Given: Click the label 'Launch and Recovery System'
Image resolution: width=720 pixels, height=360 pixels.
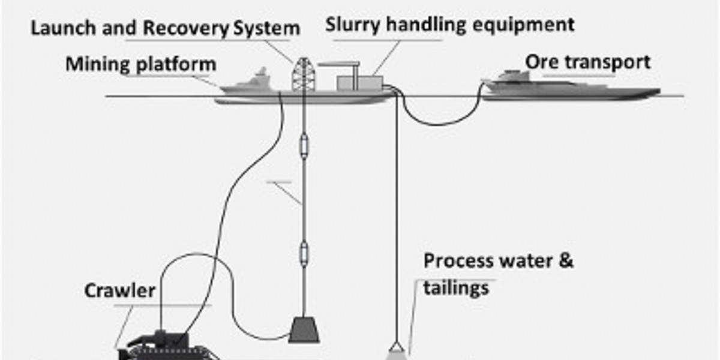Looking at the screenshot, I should coord(164,28).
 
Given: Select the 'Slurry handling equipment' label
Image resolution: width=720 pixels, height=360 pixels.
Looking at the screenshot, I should coord(450,25).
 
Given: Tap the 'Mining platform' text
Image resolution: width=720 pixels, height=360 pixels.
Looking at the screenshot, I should coord(141,64).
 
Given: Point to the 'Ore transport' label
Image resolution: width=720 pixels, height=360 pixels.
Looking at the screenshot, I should coord(587,62).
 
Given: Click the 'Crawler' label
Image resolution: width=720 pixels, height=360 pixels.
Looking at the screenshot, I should coord(120,291).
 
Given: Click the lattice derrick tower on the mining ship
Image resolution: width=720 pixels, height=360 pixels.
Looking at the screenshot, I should coord(303,75).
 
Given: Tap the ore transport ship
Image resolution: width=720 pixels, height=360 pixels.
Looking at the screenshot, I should coord(570,89).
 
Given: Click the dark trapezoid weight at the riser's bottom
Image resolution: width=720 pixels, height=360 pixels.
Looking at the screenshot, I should coord(304,329).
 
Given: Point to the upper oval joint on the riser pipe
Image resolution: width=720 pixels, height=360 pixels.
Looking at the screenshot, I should coord(304,146).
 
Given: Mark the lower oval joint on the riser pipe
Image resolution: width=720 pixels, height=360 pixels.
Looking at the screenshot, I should coord(304,253).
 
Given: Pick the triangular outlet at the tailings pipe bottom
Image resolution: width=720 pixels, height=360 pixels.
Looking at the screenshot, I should coord(395,348).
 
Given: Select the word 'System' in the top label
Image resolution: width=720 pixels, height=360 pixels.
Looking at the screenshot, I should coord(266,28).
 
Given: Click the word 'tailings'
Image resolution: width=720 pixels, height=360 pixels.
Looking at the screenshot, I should coord(456,289).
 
